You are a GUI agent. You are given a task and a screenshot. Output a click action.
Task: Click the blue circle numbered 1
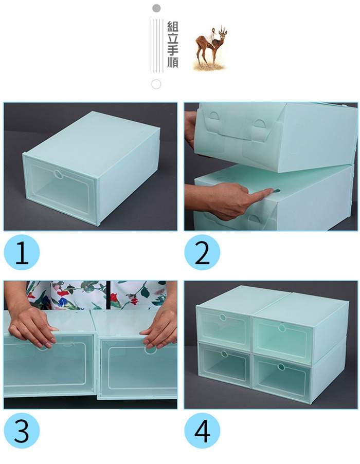coord(22,252)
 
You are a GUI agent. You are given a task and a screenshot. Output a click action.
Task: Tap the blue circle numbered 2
coord(202,252)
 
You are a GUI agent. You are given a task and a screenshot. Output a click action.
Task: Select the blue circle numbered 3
coord(22,431)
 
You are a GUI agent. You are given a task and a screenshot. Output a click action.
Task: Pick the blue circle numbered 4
coord(202,431)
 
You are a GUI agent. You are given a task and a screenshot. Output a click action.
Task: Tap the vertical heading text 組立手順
coord(173,45)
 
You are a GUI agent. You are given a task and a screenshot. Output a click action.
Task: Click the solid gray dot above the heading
coord(157,8)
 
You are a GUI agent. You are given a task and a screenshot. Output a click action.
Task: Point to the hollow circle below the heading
coord(156,84)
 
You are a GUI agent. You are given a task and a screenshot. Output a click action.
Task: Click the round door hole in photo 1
coord(58,174)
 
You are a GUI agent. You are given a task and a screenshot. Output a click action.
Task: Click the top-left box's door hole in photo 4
coord(223,317)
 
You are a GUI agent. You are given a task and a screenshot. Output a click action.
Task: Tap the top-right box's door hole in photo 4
coord(282,328)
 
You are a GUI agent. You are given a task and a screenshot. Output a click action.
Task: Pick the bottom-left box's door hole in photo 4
coord(224,354)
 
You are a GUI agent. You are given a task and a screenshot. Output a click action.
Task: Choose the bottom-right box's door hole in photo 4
coord(281,367)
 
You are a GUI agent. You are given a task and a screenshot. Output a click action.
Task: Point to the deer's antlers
coord(223,29)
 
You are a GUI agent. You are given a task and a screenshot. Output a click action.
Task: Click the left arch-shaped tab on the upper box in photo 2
coord(214,116)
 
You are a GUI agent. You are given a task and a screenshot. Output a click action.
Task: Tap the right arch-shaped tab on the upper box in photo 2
coord(260,124)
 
